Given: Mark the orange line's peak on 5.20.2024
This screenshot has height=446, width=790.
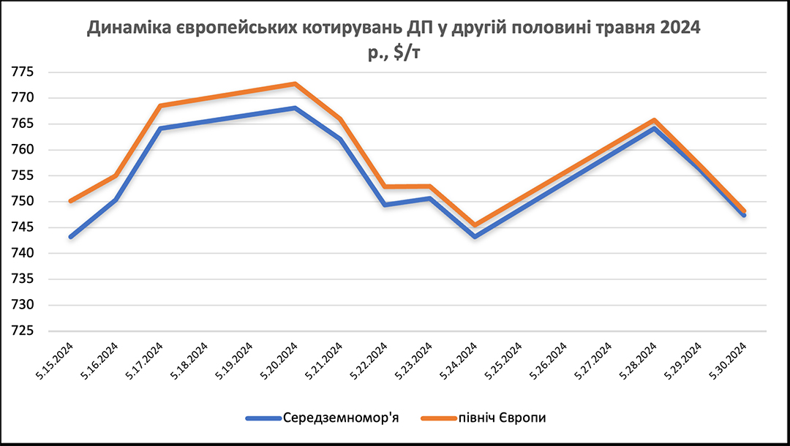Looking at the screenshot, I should click(295, 83).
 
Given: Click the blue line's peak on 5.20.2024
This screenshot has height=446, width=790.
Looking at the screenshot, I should click(295, 108).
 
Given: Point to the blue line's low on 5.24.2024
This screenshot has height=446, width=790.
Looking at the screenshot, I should click(475, 237).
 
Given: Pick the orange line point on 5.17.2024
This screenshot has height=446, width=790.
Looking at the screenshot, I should click(160, 106).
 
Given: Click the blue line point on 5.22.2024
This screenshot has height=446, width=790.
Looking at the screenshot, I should click(385, 205).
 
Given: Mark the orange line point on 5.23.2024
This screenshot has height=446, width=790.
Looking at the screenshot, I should click(430, 186).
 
